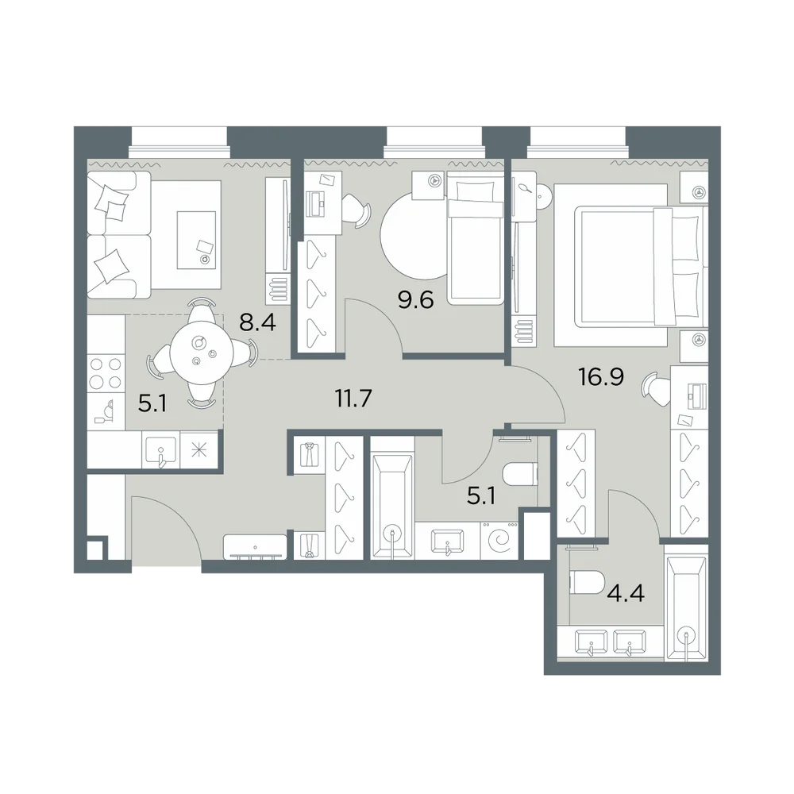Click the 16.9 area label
click(x=601, y=376)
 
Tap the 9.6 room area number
click(x=415, y=300)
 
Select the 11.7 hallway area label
click(x=353, y=399)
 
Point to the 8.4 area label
click(x=258, y=322)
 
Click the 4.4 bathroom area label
click(x=626, y=592)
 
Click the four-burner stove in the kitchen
click(x=106, y=372)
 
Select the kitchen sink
click(x=161, y=449)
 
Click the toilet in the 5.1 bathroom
click(x=519, y=474)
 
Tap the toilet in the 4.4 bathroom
click(x=587, y=582)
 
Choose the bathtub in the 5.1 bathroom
click(x=392, y=507)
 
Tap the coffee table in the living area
click(x=196, y=240)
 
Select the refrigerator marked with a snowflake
click(x=199, y=449)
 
